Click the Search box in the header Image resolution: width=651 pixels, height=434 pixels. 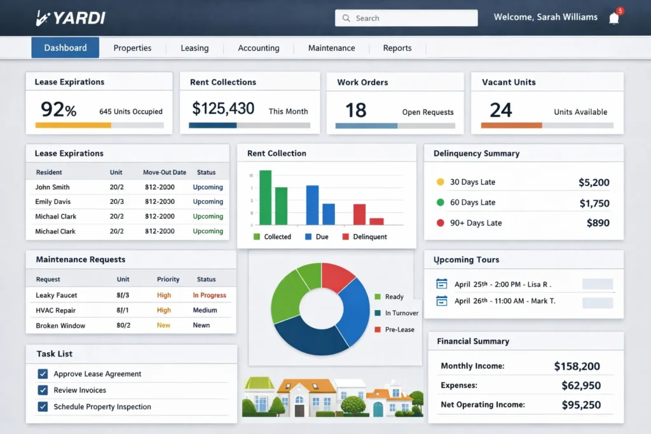(406, 18)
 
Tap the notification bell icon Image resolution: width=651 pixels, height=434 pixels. (613, 18)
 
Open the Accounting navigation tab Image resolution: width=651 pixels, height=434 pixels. (258, 48)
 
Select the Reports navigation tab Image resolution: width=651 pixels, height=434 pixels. (397, 48)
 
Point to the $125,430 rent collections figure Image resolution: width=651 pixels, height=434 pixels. (223, 109)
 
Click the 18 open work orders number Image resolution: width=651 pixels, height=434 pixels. (356, 111)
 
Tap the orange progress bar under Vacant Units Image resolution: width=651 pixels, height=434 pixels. (511, 126)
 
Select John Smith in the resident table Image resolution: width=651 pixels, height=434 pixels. (52, 187)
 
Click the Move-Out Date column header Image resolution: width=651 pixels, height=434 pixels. (165, 172)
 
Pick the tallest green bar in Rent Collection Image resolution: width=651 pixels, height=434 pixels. (265, 197)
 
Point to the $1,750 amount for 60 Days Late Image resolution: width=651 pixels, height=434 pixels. (594, 203)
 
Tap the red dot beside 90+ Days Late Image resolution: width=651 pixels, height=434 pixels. (440, 223)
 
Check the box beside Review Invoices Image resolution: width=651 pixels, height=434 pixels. (43, 390)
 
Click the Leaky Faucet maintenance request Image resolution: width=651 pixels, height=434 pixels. (57, 295)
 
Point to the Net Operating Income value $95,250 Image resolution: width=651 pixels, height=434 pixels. (581, 405)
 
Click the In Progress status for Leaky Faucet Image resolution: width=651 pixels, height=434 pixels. (209, 295)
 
